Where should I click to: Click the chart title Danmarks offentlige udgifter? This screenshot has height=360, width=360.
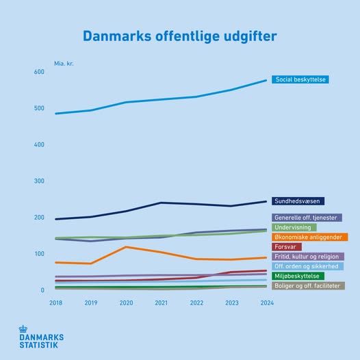pos(180,36)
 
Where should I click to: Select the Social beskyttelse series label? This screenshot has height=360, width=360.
pos(301,79)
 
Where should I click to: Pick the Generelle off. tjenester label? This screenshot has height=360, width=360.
pos(307,218)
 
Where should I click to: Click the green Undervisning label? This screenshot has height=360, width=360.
pos(294,227)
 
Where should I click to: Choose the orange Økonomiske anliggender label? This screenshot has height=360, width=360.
pos(309,237)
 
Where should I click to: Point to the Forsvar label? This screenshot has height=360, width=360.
pos(287,247)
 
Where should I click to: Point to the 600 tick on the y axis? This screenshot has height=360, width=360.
pos(38,72)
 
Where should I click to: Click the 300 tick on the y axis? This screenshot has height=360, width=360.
pos(38,181)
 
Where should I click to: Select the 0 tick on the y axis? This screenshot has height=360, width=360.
pos(42,290)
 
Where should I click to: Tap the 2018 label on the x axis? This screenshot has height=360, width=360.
pos(55,303)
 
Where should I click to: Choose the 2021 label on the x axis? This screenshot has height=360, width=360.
pos(161,303)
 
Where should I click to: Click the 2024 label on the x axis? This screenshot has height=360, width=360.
pos(267,303)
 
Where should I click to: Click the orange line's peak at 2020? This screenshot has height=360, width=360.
pos(126,247)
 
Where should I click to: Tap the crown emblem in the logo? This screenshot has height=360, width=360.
pos(25,330)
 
